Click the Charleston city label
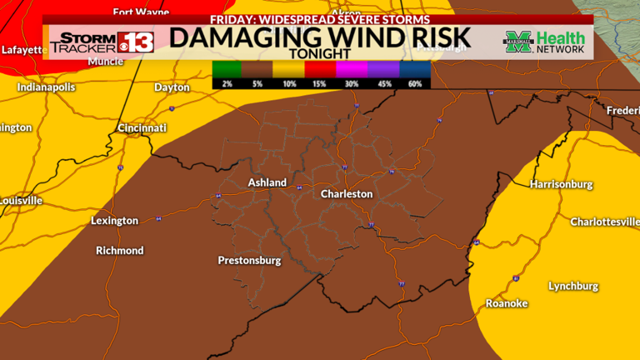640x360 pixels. point(347,193)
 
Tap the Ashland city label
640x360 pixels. point(267,182)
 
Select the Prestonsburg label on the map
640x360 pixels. point(249,261)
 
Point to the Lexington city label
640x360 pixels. point(114,221)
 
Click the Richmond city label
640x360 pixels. point(119,250)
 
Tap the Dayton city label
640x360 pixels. point(172,87)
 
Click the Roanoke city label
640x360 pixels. point(507,303)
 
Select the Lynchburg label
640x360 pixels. point(572,286)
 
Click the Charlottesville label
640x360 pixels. point(603,222)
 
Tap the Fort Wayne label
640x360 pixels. point(141,12)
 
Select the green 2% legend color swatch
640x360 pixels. point(225,69)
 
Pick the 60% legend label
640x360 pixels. point(414,83)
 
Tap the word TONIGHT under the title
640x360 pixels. point(320,54)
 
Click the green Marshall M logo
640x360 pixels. point(517,42)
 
